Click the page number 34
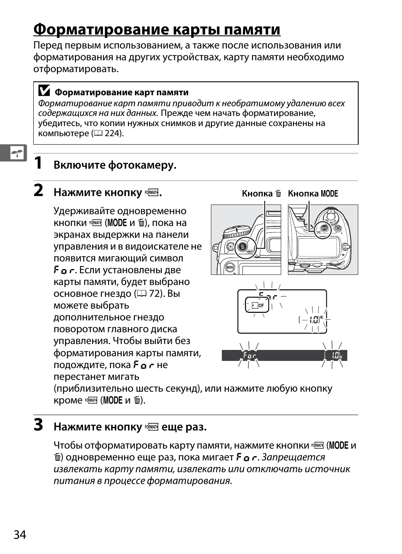click(20, 535)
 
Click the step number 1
click(38, 163)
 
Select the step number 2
click(38, 191)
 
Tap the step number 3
click(38, 425)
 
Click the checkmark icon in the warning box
click(44, 91)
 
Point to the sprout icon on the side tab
click(17, 153)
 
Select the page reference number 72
click(154, 293)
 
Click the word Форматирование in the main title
click(101, 30)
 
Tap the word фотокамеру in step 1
click(142, 165)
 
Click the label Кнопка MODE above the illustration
click(313, 194)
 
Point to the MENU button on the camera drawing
click(230, 267)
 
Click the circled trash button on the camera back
click(242, 246)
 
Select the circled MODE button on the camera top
click(323, 229)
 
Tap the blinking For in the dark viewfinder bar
click(249, 356)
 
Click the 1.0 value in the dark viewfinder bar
click(335, 356)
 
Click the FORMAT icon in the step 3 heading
click(152, 427)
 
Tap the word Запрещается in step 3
click(293, 457)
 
